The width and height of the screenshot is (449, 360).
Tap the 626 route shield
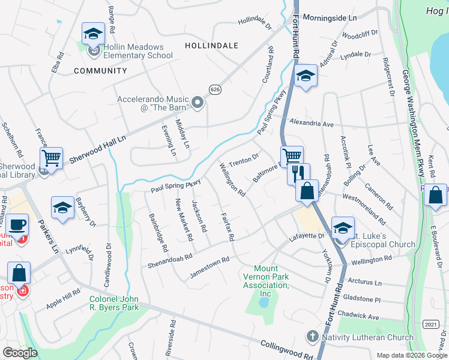click(x=214, y=89)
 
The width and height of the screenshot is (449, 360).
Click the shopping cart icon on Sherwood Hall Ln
click(x=52, y=158)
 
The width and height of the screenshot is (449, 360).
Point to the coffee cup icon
click(x=17, y=224)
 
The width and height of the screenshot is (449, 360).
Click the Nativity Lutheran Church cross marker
click(x=312, y=337)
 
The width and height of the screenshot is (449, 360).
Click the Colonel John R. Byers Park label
click(x=114, y=303)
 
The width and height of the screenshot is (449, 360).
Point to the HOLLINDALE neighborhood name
click(x=211, y=46)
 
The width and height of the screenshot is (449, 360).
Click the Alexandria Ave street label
click(x=311, y=124)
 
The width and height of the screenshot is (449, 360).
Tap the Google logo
click(x=20, y=353)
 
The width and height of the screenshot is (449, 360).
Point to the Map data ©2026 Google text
click(x=412, y=355)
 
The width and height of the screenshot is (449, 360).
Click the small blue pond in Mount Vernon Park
click(x=264, y=302)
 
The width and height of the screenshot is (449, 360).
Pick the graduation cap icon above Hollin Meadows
click(x=93, y=34)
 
